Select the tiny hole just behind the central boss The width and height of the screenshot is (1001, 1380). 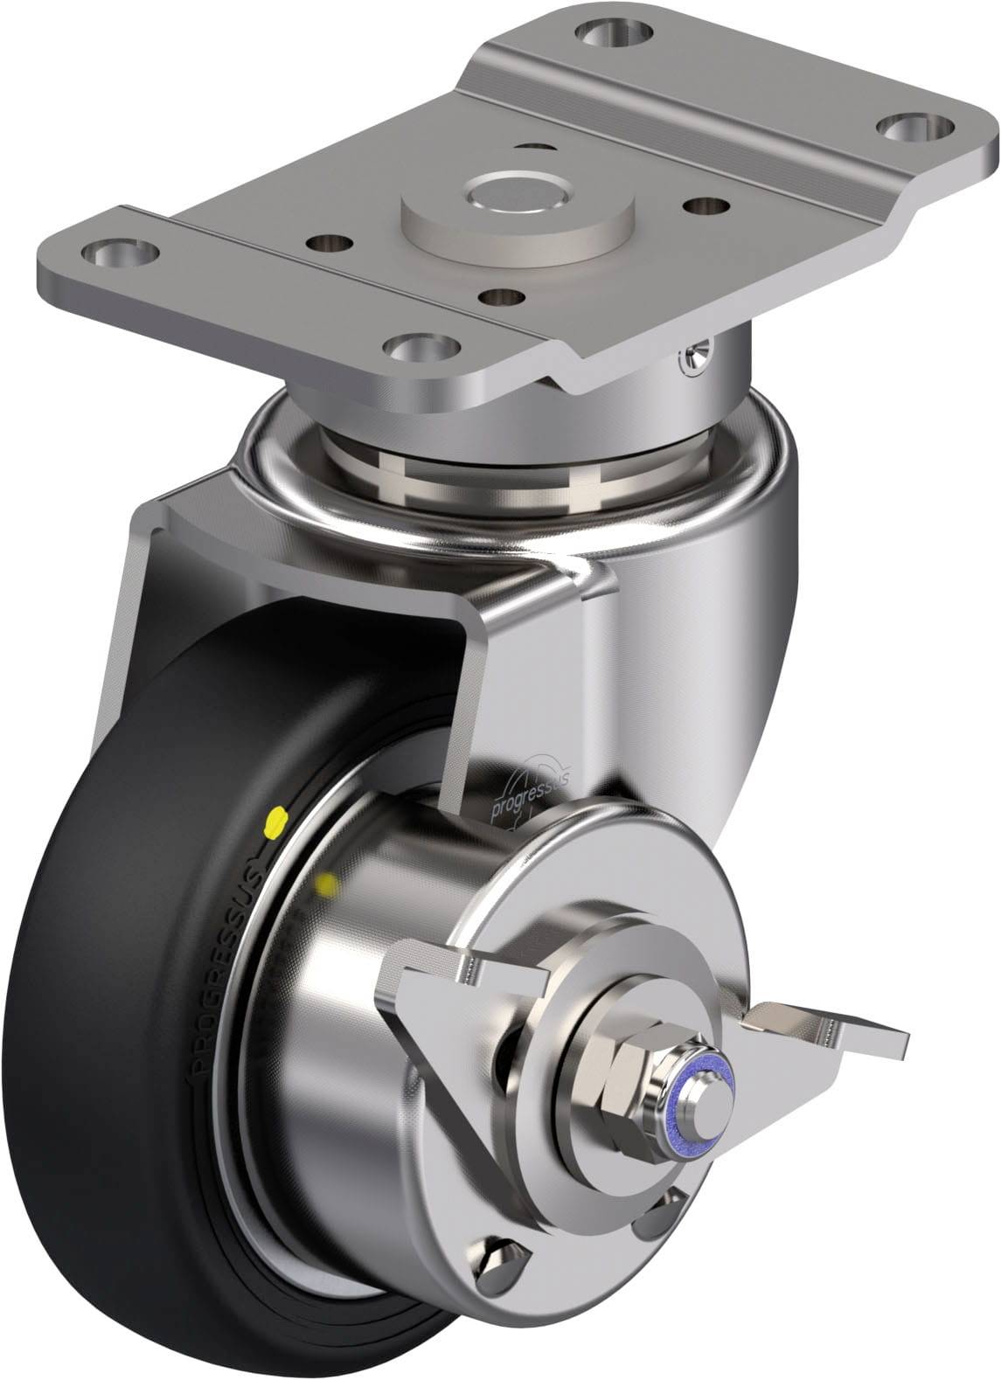coord(534,149)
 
